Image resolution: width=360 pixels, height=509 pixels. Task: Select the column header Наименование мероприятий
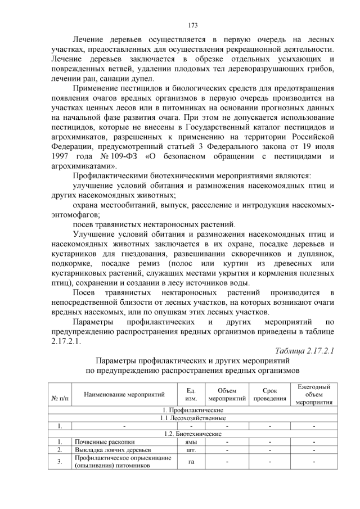120,395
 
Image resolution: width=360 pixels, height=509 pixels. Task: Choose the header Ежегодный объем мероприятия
313,394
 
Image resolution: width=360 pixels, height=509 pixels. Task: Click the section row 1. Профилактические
192,410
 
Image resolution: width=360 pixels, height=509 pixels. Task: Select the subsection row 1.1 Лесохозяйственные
192,418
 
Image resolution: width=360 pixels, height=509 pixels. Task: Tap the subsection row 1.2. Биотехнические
192,434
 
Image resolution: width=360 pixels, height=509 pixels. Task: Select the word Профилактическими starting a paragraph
113,176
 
